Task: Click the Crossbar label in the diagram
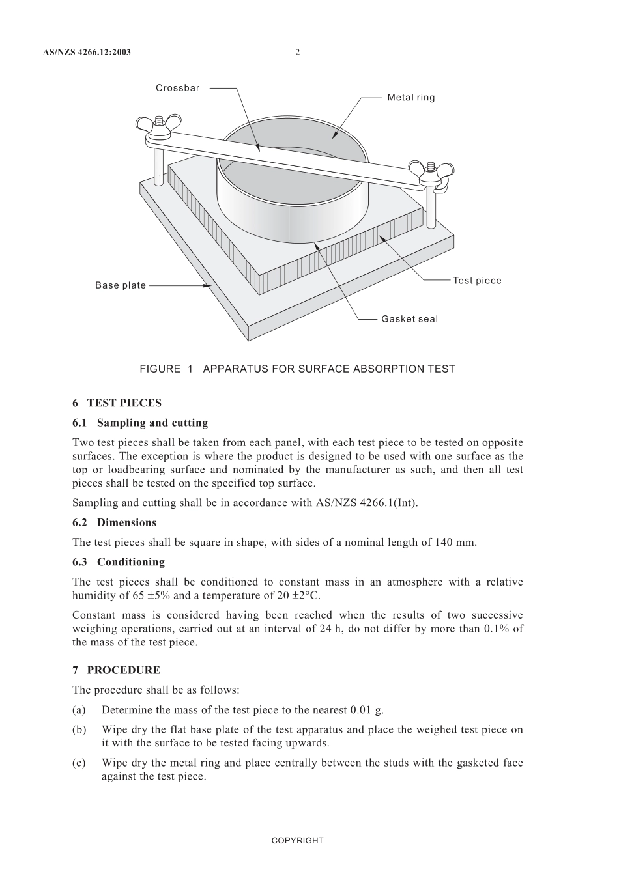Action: tap(177, 88)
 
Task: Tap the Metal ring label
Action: tap(410, 98)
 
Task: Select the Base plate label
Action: tap(121, 285)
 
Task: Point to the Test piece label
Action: tap(477, 281)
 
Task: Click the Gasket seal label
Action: tap(409, 319)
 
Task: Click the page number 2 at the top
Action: tap(298, 52)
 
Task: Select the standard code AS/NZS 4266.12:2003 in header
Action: tap(87, 52)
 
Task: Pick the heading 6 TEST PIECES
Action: tap(117, 403)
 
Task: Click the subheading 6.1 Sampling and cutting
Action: tap(140, 423)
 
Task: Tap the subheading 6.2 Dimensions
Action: tap(115, 522)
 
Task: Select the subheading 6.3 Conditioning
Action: tap(119, 562)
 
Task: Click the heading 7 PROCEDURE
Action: tap(116, 670)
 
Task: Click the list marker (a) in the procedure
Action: tap(78, 710)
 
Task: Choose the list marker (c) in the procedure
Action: tap(78, 763)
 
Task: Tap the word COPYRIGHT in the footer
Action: tap(297, 840)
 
